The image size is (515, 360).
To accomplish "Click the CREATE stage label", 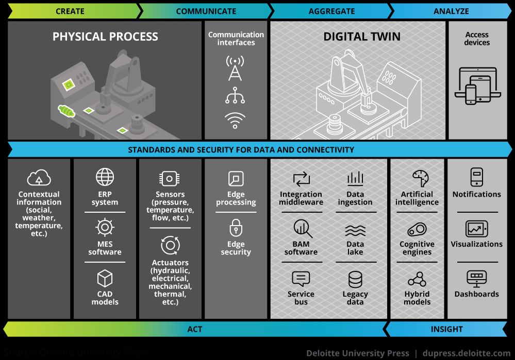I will (70, 11).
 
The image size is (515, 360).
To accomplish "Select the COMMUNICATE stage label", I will (206, 11).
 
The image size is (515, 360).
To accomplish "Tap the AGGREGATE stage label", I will (331, 11).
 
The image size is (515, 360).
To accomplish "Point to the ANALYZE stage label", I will (451, 11).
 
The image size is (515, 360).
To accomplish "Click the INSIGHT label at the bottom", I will (446, 329).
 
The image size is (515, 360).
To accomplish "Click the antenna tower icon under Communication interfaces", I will (235, 68).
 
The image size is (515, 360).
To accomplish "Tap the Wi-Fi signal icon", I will (235, 120).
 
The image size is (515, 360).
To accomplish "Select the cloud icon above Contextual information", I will (39, 178).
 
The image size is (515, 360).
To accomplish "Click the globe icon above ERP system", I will (105, 177).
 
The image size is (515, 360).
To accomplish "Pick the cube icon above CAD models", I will (105, 279).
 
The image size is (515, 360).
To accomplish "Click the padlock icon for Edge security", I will (236, 228).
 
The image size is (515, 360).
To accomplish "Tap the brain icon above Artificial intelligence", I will (417, 178).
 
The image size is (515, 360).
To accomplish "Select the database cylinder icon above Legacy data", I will (355, 279).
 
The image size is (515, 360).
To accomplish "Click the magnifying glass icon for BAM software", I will (301, 228).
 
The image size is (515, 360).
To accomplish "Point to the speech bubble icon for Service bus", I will (301, 279).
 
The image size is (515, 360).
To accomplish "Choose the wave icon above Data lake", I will (355, 230).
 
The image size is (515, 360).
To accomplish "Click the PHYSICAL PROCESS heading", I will (105, 37).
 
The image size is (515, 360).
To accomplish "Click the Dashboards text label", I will (476, 294).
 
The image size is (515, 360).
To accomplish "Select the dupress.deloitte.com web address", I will (466, 353).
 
